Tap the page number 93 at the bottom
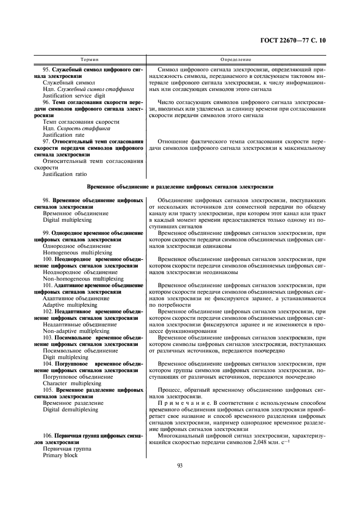point(180,465)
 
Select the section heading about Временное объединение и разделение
point(180,187)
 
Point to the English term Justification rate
point(63,135)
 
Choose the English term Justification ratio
point(64,174)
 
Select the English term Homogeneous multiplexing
point(77,252)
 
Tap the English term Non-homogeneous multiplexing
point(83,278)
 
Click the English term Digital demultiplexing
point(70,409)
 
